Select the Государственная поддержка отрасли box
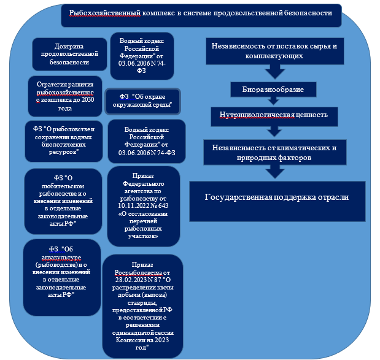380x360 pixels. [x=276, y=198]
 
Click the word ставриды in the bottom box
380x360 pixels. [x=146, y=302]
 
